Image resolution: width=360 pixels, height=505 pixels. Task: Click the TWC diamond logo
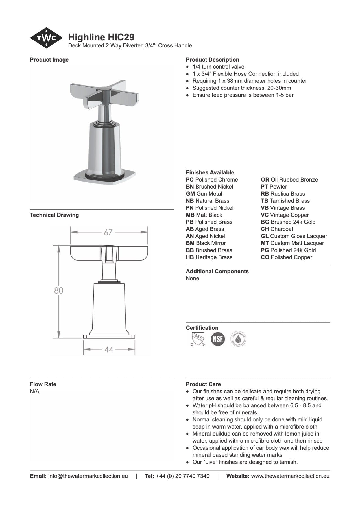tap(46, 38)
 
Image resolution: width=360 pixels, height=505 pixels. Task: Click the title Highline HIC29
tap(101, 37)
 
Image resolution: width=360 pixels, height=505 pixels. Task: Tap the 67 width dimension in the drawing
tap(108, 232)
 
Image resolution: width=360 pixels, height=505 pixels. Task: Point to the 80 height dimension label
tap(59, 290)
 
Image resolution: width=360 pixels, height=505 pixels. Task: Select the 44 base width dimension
tap(109, 350)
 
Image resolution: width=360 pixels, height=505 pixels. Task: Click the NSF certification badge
tap(218, 339)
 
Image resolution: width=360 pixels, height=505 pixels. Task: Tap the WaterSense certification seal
tap(238, 339)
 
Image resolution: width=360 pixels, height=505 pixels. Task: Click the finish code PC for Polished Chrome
tap(190, 180)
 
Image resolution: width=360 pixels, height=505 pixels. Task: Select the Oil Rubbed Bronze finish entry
tap(289, 180)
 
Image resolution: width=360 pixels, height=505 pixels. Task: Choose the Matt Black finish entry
tap(204, 215)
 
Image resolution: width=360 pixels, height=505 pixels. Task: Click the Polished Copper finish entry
tap(287, 257)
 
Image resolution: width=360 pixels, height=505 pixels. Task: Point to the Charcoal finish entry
tap(277, 229)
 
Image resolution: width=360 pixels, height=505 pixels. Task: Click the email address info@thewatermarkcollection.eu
tap(88, 476)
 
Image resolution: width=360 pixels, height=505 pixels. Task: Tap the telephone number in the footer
tap(182, 476)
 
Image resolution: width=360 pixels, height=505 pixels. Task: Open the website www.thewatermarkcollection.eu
tap(290, 476)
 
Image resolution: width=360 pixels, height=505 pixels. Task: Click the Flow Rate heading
tap(43, 384)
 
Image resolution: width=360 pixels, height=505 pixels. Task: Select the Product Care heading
tap(203, 384)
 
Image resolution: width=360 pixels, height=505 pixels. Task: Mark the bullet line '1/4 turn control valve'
tap(218, 67)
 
